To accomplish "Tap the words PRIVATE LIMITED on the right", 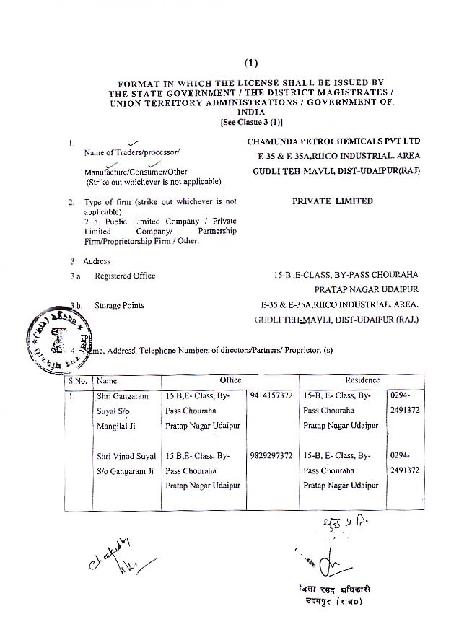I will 333,201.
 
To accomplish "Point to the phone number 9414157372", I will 272,396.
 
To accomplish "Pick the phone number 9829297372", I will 272,456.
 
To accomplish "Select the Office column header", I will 230,380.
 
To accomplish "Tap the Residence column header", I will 362,380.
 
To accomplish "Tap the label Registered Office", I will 125,276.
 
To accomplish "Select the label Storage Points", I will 119,305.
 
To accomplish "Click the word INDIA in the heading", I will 250,114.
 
